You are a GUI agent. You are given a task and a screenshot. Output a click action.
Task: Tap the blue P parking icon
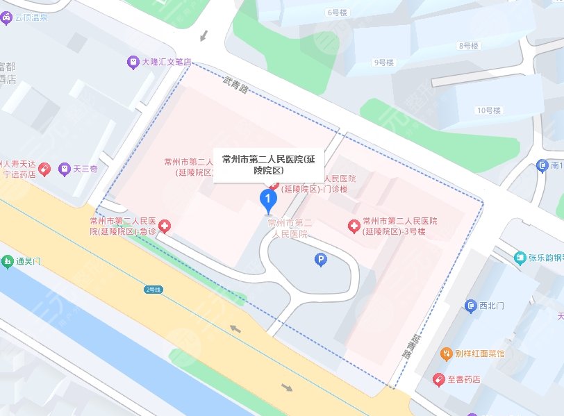[x=320, y=260]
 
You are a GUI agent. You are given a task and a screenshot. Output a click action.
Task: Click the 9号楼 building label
[x=383, y=63]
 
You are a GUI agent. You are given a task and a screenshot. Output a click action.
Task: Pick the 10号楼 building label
[x=488, y=110]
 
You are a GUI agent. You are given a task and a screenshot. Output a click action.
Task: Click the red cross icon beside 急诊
[x=165, y=226]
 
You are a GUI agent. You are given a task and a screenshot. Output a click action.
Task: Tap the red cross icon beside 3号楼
[x=354, y=226]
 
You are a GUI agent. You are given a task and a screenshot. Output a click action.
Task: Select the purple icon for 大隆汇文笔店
[x=132, y=62]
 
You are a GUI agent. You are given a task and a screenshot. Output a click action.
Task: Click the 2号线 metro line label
[x=154, y=289]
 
